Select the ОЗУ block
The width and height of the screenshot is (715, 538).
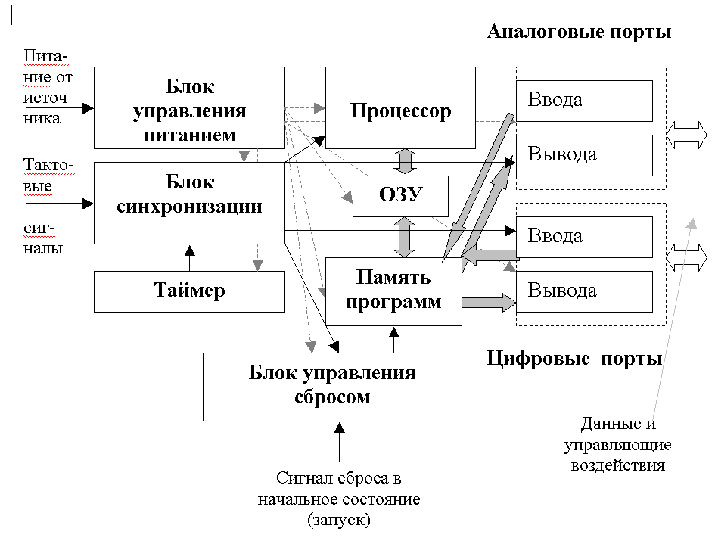[400, 196]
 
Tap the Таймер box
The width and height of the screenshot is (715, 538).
[189, 291]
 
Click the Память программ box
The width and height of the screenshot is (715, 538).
[393, 291]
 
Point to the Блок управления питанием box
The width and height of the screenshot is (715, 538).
[189, 107]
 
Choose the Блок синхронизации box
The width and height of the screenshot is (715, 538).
[189, 202]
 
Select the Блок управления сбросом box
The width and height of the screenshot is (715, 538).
[332, 386]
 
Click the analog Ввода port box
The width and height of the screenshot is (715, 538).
[583, 100]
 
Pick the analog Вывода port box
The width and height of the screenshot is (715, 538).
[583, 154]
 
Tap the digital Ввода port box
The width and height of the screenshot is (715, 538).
[583, 236]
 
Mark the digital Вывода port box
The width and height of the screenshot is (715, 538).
[583, 291]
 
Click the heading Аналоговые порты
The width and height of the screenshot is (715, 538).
[579, 33]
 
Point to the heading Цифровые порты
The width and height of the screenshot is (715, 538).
[574, 358]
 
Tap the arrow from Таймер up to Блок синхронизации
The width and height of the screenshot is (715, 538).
[189, 257]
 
